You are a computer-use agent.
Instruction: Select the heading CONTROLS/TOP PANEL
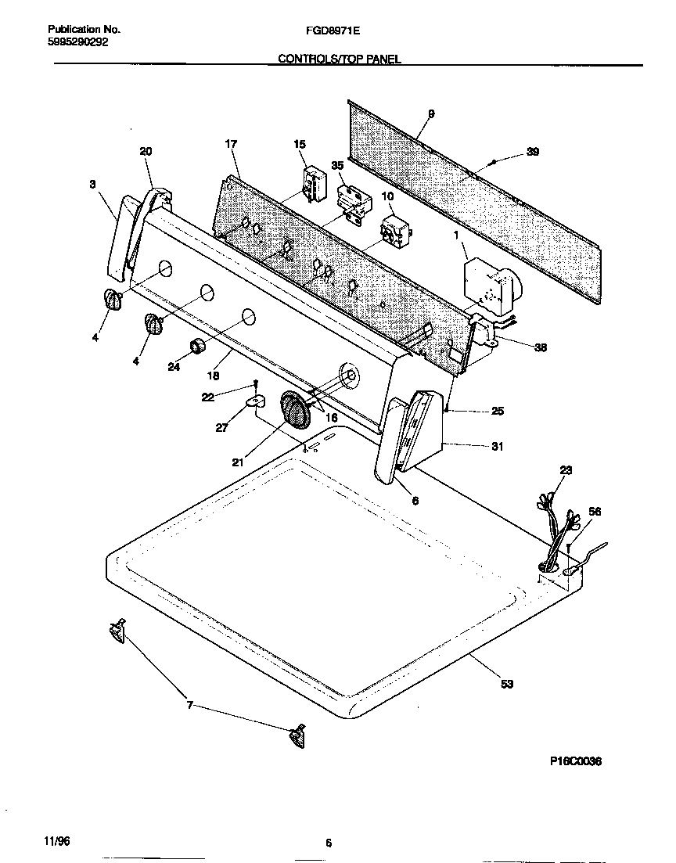(x=339, y=59)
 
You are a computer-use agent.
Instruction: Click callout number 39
(x=532, y=152)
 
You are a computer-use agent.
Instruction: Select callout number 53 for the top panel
(x=506, y=685)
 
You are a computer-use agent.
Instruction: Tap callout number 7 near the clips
(x=188, y=706)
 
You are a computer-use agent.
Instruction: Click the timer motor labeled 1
(x=485, y=283)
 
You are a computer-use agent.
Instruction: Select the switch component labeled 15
(x=313, y=182)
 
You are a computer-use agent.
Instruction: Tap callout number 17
(x=230, y=144)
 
